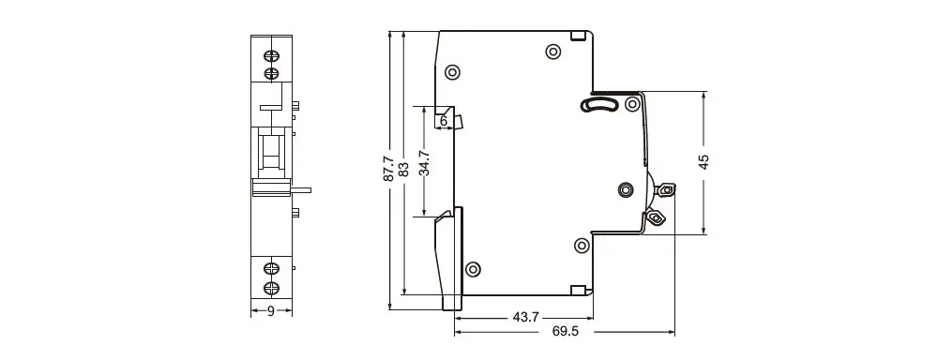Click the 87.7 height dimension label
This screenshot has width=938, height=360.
(388, 169)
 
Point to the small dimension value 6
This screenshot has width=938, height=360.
(444, 121)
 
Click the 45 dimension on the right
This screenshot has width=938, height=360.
(703, 162)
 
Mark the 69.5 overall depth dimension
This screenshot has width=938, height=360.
(566, 331)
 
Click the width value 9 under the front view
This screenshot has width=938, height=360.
(271, 311)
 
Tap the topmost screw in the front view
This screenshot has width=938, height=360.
(272, 57)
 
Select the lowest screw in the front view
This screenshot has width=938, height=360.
(272, 288)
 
